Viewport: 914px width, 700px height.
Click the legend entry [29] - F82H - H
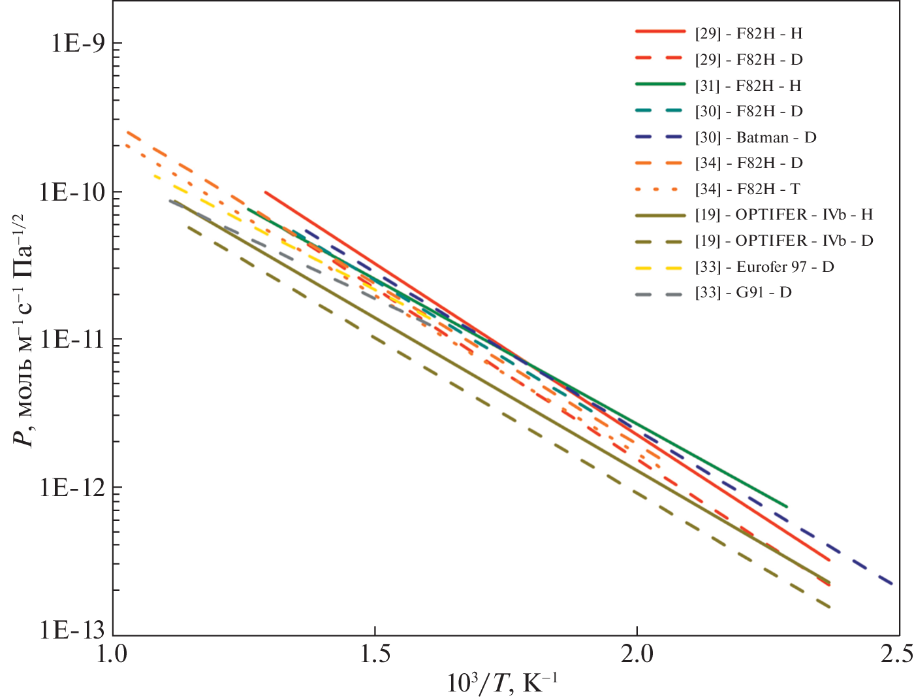[748, 33]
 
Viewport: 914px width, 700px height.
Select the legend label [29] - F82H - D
[748, 59]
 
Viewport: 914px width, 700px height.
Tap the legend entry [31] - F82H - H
[748, 86]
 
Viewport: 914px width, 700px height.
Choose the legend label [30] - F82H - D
[748, 111]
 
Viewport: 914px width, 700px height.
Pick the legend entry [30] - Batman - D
[755, 137]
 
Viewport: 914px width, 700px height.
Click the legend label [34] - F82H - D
[748, 163]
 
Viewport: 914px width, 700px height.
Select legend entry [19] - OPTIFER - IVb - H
[783, 214]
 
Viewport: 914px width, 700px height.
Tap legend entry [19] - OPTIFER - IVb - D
[783, 241]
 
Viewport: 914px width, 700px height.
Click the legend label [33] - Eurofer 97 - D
[764, 267]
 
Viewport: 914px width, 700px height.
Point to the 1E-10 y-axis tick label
[72, 192]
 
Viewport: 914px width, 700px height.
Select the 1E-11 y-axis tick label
[72, 340]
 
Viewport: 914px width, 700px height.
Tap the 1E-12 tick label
[72, 487]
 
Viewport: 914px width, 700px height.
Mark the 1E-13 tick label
[72, 630]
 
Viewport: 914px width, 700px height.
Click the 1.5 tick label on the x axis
[375, 654]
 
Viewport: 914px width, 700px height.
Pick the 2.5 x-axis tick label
[896, 654]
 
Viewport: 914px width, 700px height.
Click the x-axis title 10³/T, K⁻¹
[502, 683]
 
